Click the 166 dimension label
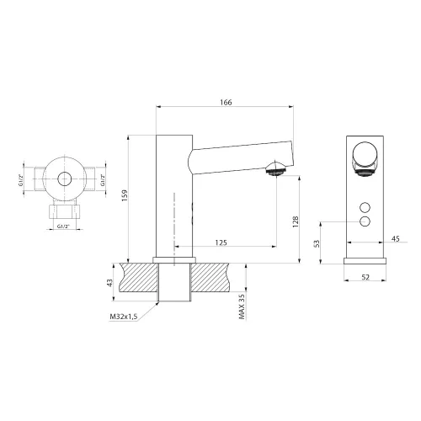[226, 103]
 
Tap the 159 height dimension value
[125, 195]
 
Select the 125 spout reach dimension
[221, 242]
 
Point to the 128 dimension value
[296, 221]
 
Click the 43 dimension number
[110, 283]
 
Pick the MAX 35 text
[242, 306]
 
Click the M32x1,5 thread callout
[124, 317]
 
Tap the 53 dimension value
[317, 243]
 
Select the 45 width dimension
[396, 239]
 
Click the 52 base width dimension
[365, 277]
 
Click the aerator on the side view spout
[276, 169]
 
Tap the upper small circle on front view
[365, 207]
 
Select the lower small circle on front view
[365, 221]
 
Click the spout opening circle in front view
[365, 155]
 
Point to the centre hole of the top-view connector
[65, 179]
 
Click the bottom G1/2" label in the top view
[63, 226]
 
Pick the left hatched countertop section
[139, 277]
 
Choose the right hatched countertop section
[210, 277]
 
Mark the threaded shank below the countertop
[174, 282]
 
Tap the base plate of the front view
[365, 261]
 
